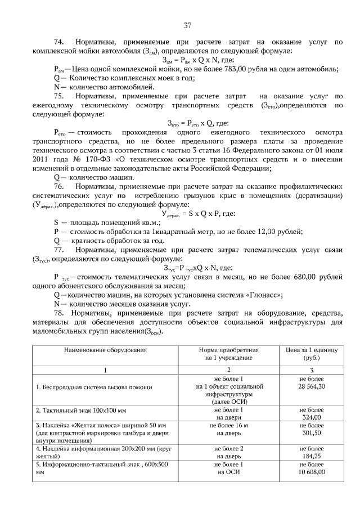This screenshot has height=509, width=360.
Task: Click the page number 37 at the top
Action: pyautogui.click(x=188, y=25)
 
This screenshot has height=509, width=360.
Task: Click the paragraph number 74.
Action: pyautogui.click(x=58, y=43)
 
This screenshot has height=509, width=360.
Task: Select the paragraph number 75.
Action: pyautogui.click(x=58, y=96)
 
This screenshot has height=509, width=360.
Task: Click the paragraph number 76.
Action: pyautogui.click(x=58, y=186)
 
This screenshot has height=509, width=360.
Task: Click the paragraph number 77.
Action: pyautogui.click(x=58, y=249)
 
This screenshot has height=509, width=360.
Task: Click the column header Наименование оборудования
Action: pyautogui.click(x=105, y=350)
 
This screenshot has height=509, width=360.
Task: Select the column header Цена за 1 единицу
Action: pyautogui.click(x=311, y=350)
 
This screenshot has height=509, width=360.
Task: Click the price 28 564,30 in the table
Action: pyautogui.click(x=311, y=388)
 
